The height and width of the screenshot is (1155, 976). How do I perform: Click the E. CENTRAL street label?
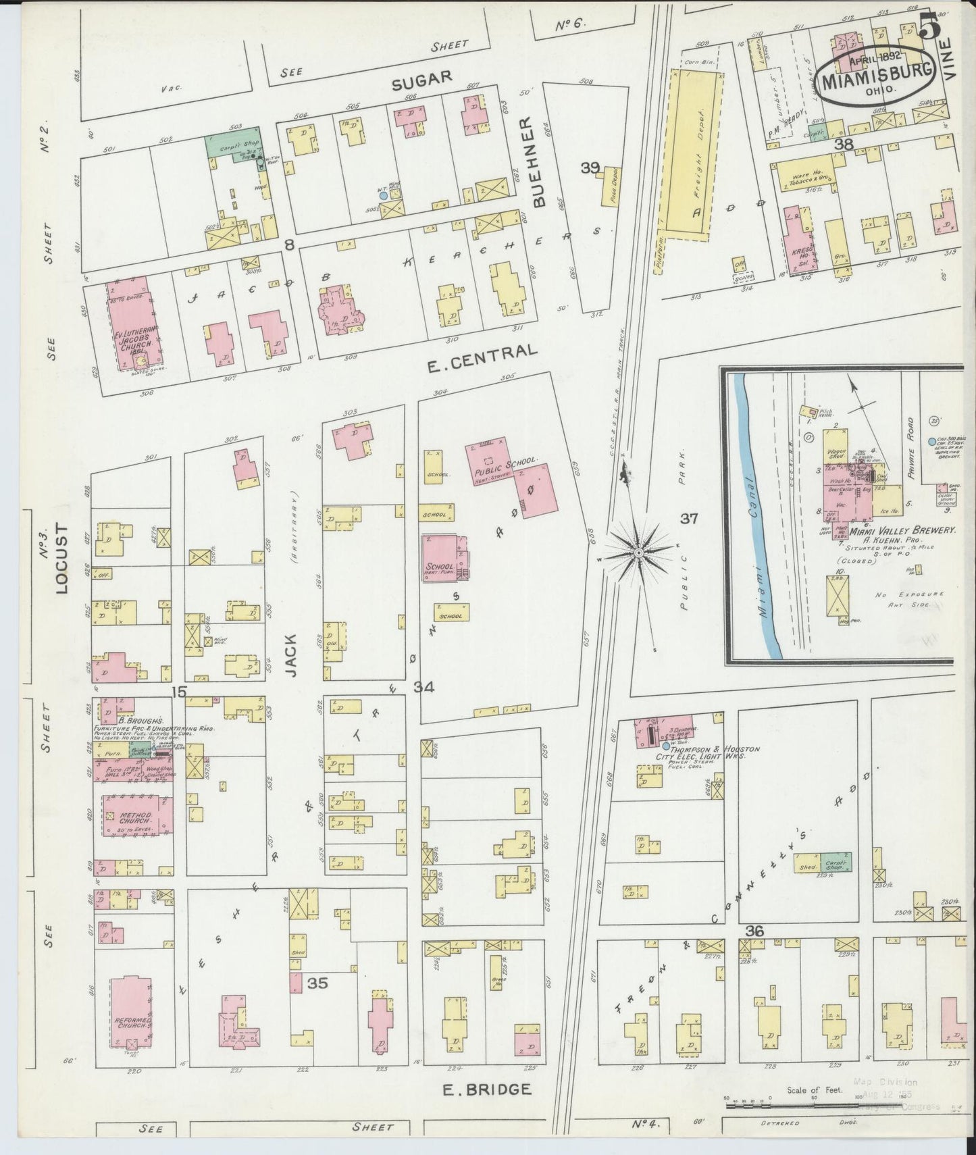483,359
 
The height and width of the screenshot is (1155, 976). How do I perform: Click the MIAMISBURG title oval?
876,82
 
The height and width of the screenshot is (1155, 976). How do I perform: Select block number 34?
423,688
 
